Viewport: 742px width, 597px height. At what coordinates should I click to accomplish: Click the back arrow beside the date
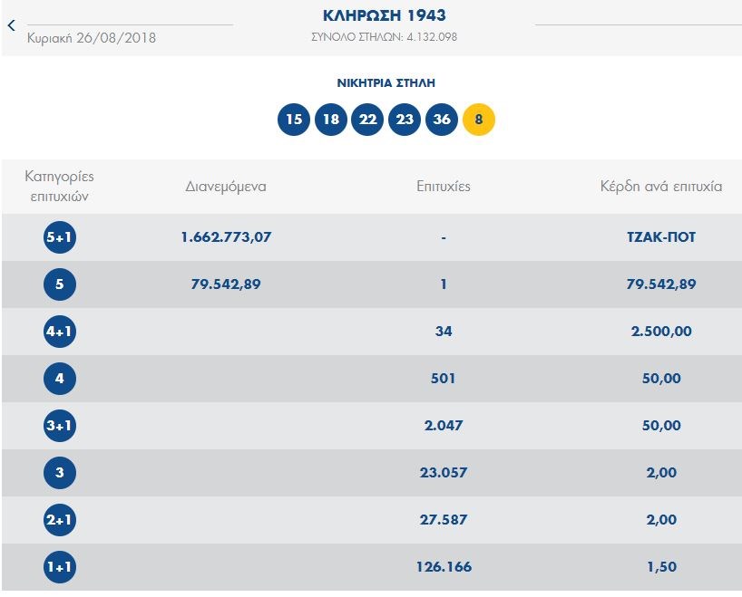(12, 25)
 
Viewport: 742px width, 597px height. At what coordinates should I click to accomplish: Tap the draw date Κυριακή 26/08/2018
(92, 38)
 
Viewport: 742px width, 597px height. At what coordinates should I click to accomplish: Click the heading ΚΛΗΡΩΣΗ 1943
(385, 16)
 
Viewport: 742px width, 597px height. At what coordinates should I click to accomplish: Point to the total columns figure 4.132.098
(436, 37)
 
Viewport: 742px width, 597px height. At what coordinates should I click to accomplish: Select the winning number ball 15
(294, 120)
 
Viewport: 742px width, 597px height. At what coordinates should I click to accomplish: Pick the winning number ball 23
(405, 120)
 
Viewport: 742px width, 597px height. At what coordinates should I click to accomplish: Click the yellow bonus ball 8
(479, 120)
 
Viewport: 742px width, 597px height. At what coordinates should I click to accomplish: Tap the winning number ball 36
(442, 120)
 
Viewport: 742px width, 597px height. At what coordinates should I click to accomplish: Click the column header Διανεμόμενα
(226, 187)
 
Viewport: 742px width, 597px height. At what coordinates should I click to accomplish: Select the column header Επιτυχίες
(444, 187)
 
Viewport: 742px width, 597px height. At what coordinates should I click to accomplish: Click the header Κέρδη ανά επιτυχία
(660, 187)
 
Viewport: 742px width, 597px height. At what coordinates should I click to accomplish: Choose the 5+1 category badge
(60, 237)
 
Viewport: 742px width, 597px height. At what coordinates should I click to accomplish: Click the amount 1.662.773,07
(227, 237)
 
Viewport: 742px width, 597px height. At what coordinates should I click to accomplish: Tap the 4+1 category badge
(60, 332)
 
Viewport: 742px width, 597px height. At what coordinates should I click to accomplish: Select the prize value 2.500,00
(660, 332)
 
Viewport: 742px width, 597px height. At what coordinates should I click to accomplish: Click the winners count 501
(444, 379)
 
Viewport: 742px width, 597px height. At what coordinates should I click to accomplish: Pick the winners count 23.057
(444, 473)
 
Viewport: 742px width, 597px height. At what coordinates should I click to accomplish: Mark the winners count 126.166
(444, 567)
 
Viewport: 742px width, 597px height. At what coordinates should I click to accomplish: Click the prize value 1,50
(660, 567)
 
